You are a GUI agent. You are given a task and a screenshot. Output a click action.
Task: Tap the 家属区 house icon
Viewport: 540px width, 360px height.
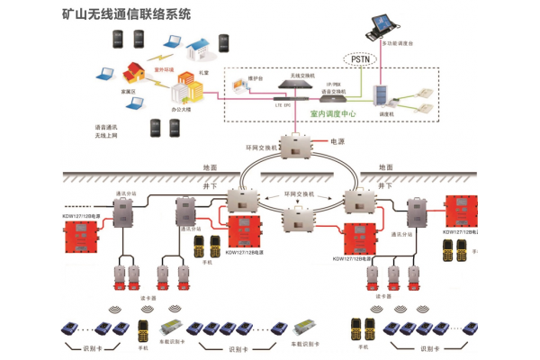pyautogui.click(x=135, y=72)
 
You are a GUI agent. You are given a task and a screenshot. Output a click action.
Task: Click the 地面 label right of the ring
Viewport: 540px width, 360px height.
pyautogui.click(x=386, y=167)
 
